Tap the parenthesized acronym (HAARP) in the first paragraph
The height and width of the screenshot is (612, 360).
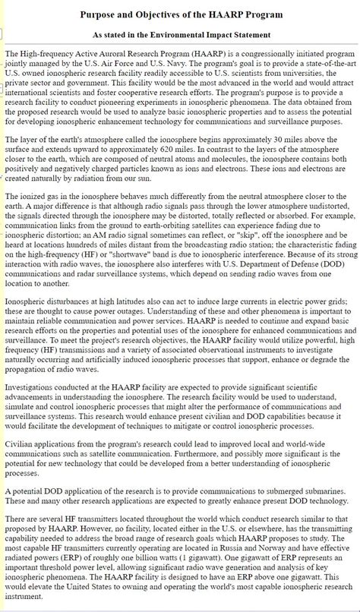tap(204, 55)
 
